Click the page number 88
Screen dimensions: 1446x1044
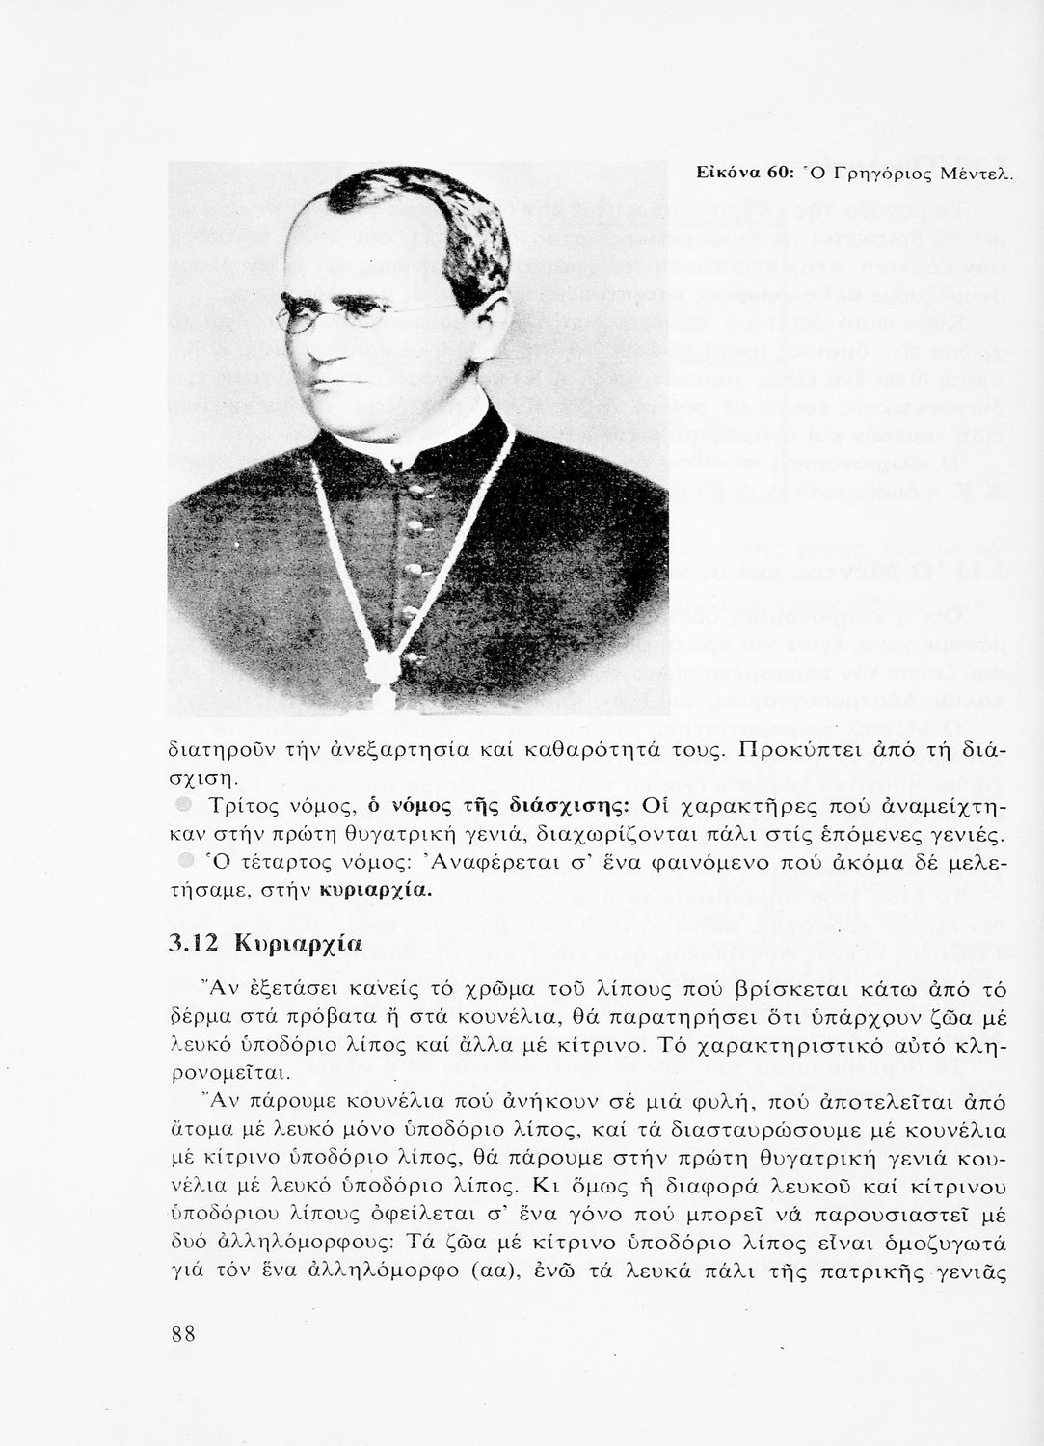point(183,1333)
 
